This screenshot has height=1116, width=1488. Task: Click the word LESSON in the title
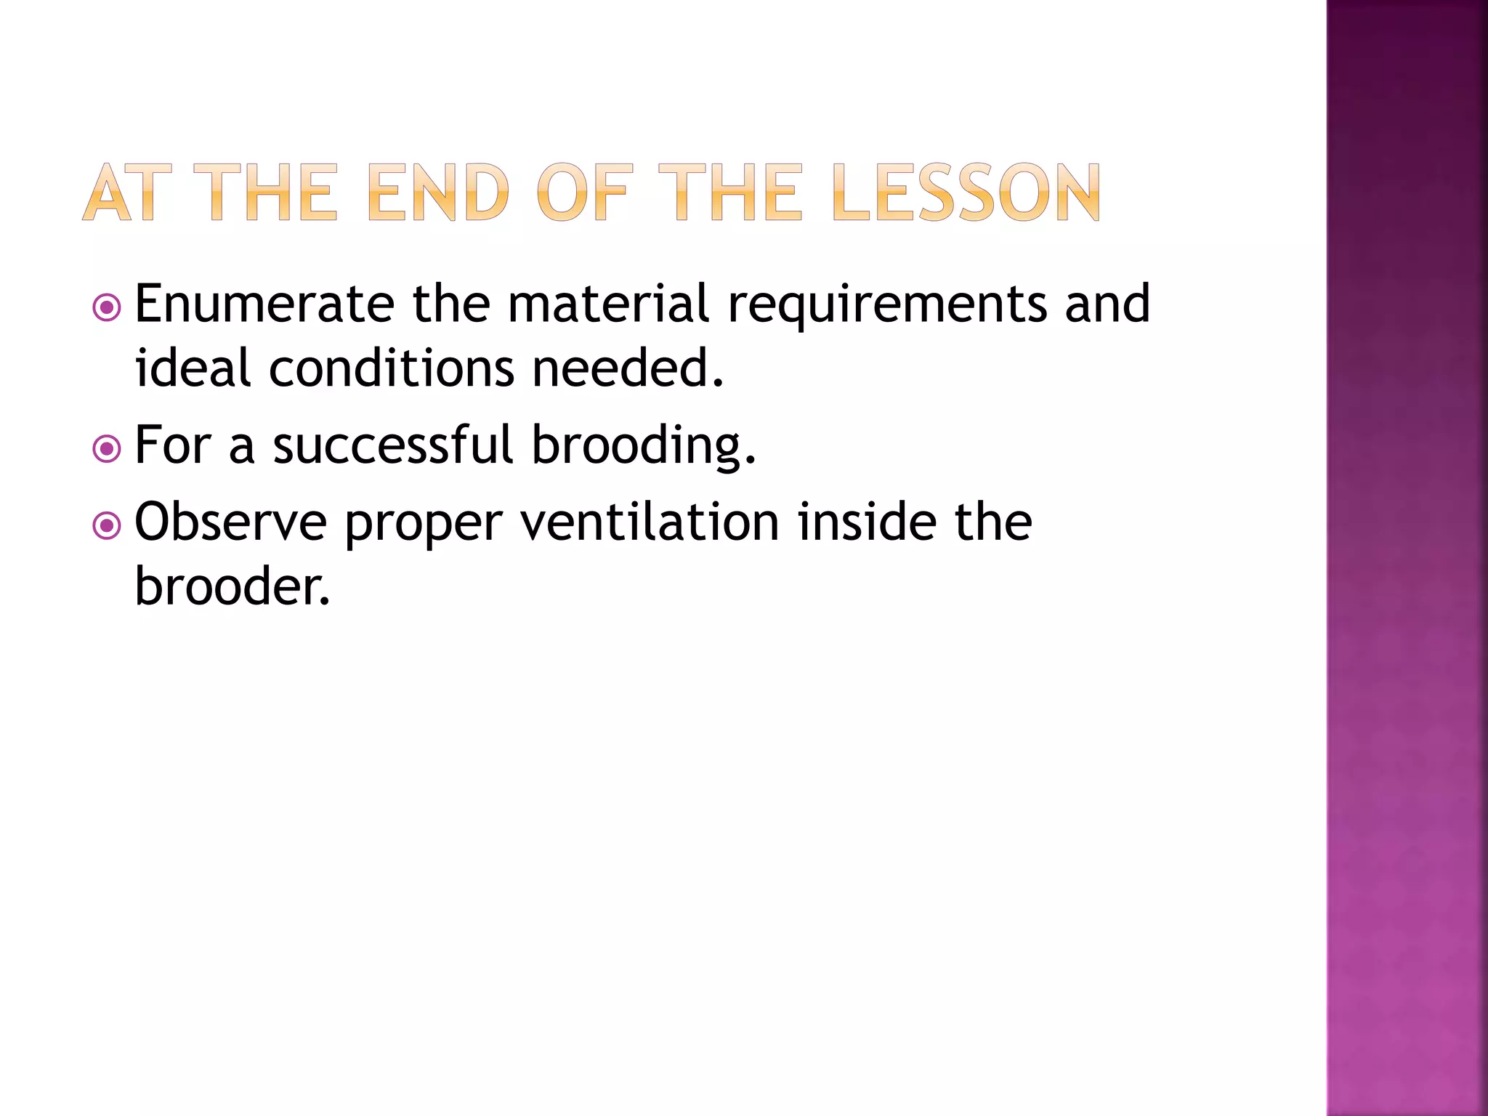[x=966, y=193]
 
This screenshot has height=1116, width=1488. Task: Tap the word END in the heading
[x=439, y=193]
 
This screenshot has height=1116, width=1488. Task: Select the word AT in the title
[x=127, y=193]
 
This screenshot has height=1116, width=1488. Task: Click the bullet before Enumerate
[x=107, y=308]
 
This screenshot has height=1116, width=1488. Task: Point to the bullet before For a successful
[x=107, y=449]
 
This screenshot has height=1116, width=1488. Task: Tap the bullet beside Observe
[x=107, y=526]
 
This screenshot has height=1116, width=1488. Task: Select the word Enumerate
[x=264, y=304]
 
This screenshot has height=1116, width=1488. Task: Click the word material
[x=608, y=304]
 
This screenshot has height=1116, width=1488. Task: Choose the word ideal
[x=193, y=368]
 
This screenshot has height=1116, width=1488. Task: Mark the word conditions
[x=392, y=368]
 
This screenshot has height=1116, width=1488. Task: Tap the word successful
[x=393, y=445]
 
